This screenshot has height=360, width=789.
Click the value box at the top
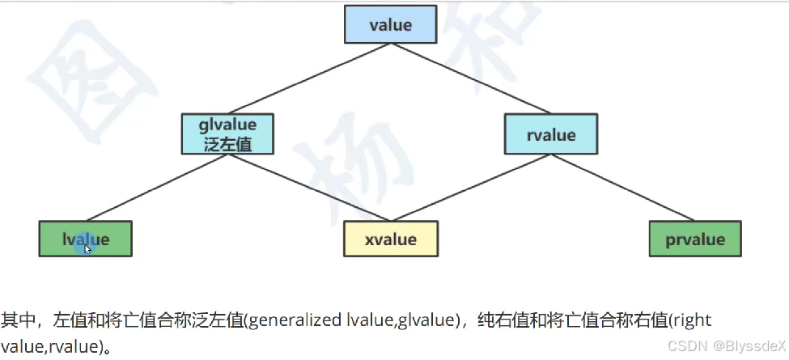pyautogui.click(x=391, y=25)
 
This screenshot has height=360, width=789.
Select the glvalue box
pyautogui.click(x=227, y=134)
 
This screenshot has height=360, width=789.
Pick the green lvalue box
pyautogui.click(x=85, y=239)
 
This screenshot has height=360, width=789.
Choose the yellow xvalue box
pyautogui.click(x=391, y=239)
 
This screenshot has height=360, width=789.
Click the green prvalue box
pyautogui.click(x=695, y=239)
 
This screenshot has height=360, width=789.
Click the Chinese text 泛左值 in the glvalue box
pyautogui.click(x=227, y=144)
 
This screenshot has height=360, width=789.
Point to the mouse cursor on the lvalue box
pyautogui.click(x=87, y=248)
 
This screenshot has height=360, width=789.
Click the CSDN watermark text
pyautogui.click(x=686, y=345)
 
